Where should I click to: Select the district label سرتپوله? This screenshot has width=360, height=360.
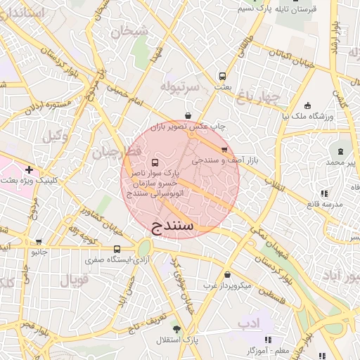pyautogui.click(x=180, y=86)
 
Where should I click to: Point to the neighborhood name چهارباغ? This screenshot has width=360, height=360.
pyautogui.click(x=258, y=95)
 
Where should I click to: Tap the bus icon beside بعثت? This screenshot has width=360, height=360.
pyautogui.click(x=223, y=76)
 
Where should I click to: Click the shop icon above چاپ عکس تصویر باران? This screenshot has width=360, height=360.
pyautogui.click(x=188, y=115)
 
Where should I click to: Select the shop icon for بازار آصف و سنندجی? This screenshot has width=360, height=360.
pyautogui.click(x=224, y=150)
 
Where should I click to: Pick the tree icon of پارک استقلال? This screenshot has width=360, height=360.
pyautogui.click(x=176, y=329)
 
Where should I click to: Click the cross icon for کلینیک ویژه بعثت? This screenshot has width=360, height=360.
pyautogui.click(x=29, y=169)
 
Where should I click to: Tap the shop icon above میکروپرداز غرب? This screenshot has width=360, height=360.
pyautogui.click(x=227, y=275)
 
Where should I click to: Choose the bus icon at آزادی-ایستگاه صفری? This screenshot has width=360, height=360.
pyautogui.click(x=117, y=249)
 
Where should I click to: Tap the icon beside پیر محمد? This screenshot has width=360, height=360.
pyautogui.click(x=341, y=152)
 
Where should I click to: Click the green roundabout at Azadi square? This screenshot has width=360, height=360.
pyautogui.click(x=144, y=248)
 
